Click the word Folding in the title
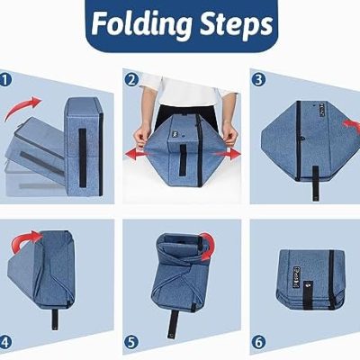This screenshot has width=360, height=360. (141, 24)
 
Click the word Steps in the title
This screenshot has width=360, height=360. (236, 24)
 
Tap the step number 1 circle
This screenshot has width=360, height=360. (5, 80)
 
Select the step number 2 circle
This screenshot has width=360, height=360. (132, 80)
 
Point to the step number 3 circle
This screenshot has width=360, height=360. (258, 80)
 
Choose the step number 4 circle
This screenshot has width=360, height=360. (5, 342)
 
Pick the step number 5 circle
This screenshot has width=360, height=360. (132, 342)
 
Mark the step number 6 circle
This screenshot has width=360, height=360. (258, 342)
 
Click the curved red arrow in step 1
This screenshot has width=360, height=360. (21, 107)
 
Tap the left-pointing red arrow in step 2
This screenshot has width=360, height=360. (135, 155)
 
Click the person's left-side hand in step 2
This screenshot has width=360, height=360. (140, 139)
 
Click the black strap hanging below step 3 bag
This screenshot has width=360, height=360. (315, 183)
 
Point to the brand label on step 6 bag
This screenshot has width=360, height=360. (295, 276)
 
